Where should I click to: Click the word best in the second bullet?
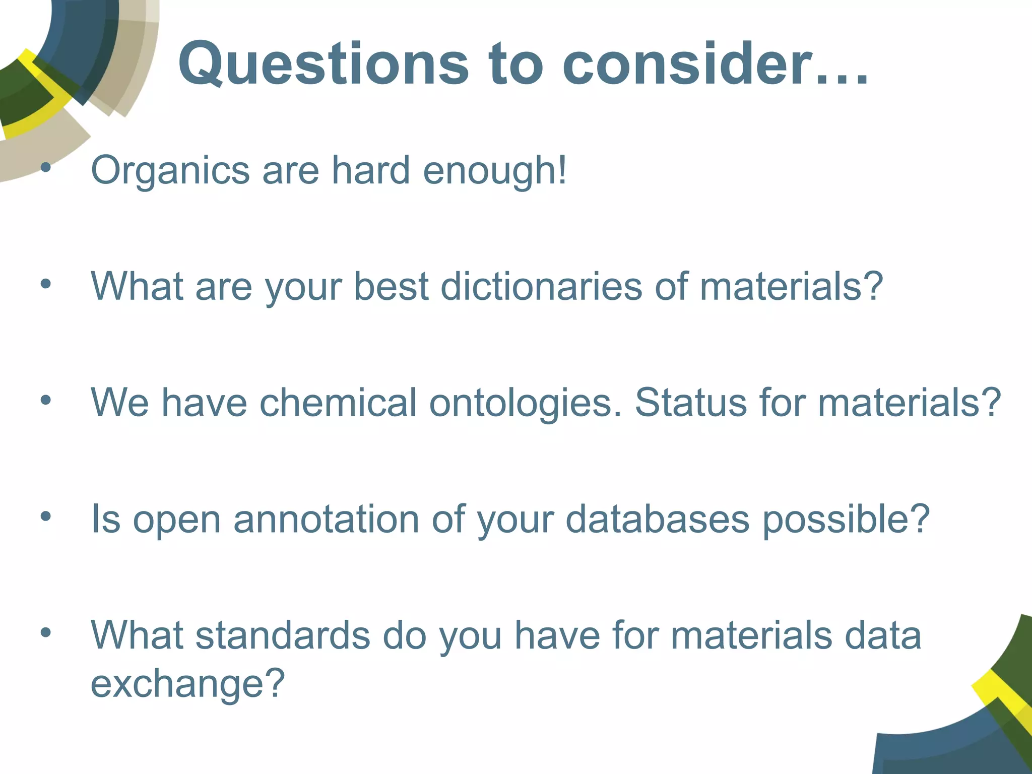pyautogui.click(x=391, y=286)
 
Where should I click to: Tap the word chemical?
pyautogui.click(x=338, y=403)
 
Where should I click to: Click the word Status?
pyautogui.click(x=690, y=403)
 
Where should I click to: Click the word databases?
pyautogui.click(x=657, y=519)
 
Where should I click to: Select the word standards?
pyautogui.click(x=283, y=635)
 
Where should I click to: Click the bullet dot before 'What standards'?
pyautogui.click(x=46, y=632)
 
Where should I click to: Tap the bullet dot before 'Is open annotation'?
pyautogui.click(x=46, y=517)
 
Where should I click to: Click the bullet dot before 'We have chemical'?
pyautogui.click(x=46, y=401)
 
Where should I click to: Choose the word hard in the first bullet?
pyautogui.click(x=370, y=170)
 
